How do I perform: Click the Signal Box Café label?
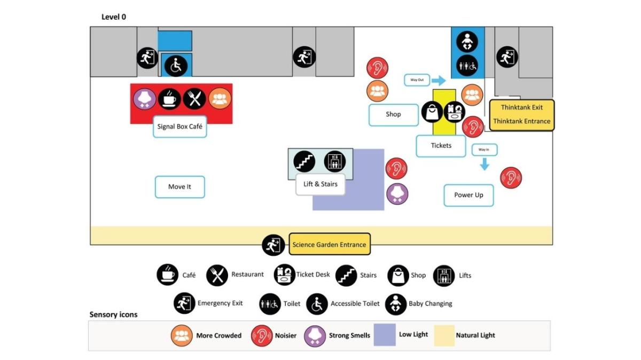coord(179,127)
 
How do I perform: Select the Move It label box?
coord(179,187)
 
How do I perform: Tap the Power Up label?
coord(468,195)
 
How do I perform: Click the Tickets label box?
coord(441,145)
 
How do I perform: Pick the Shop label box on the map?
coord(393,114)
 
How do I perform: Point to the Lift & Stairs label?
coord(320,184)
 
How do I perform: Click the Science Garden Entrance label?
coord(329,245)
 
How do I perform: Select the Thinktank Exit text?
coord(522,108)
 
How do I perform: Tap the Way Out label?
coord(417,80)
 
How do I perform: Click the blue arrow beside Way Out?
coord(439,81)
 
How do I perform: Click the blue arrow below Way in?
coord(484,165)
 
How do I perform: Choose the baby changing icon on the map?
coord(467,42)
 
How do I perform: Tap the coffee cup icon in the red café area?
coord(169,99)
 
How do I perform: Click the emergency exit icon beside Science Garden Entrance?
coord(273,245)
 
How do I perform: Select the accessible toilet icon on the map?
coord(176,66)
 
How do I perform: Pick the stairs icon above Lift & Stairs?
coord(304,161)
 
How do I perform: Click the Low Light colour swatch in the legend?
coord(385,335)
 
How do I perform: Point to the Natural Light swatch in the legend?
coord(444,335)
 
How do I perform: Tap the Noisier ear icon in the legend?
coord(262,335)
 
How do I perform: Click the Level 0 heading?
coord(114,17)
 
